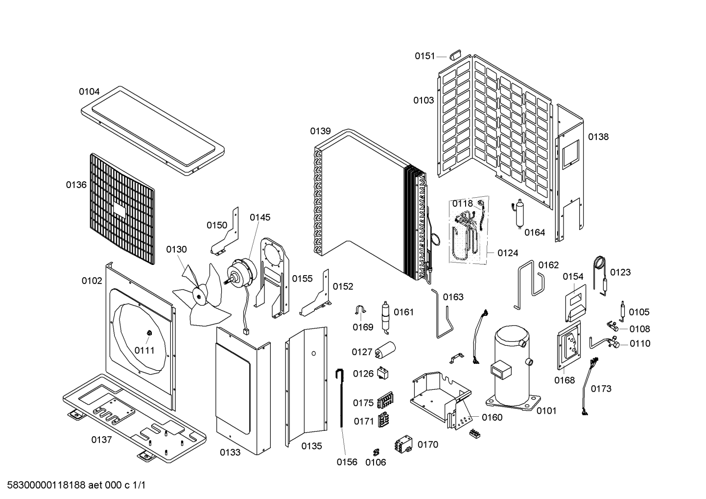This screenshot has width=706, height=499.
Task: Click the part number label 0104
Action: pyautogui.click(x=89, y=92)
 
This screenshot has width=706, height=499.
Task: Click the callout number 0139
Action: pyautogui.click(x=320, y=131)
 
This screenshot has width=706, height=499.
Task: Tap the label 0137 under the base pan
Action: pyautogui.click(x=101, y=439)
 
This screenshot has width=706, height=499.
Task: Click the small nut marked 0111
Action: pyautogui.click(x=149, y=333)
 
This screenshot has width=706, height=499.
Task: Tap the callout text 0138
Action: pyautogui.click(x=598, y=137)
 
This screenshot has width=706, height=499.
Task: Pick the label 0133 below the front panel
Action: pyautogui.click(x=230, y=452)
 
